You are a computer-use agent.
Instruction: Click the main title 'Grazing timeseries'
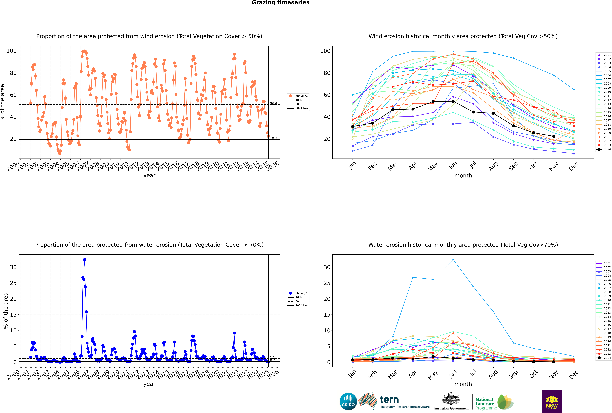coord(281,3)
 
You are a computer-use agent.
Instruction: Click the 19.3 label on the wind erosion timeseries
coord(273,138)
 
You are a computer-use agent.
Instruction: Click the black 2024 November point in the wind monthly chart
coord(554,136)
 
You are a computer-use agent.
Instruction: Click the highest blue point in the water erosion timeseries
coord(84,259)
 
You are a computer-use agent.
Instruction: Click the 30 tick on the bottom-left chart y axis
coord(13,267)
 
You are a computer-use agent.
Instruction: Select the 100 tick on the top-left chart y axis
coord(12,51)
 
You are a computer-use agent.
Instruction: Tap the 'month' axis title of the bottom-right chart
coord(463,384)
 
